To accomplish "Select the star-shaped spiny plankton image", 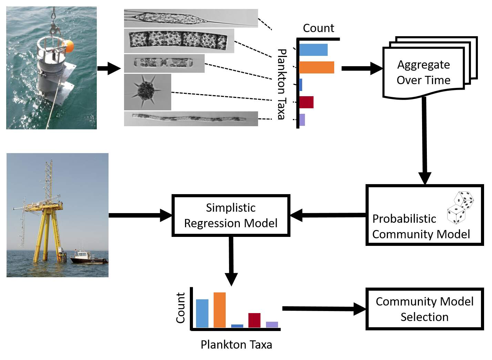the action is tap(147, 92).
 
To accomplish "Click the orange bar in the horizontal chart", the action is tap(317, 67).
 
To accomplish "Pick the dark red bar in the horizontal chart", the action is tap(306, 102).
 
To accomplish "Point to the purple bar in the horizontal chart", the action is tap(302, 120).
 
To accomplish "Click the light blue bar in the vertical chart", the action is tap(202, 313).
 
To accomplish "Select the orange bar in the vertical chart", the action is tap(219, 310).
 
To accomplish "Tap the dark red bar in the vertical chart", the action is tap(254, 320).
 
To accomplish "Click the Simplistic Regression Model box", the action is tap(231, 216).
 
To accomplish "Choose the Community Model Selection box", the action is tap(424, 309).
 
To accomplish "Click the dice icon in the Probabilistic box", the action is tap(460, 208).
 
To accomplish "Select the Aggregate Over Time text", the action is tap(423, 72).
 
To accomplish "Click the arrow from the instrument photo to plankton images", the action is tap(109, 68).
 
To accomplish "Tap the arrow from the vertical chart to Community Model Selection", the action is tap(324, 309).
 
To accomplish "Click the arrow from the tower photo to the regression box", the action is tap(140, 215).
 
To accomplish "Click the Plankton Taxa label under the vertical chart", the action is tap(236, 344).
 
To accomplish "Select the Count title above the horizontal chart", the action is tap(318, 28).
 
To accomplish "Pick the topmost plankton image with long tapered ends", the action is tap(191, 18).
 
